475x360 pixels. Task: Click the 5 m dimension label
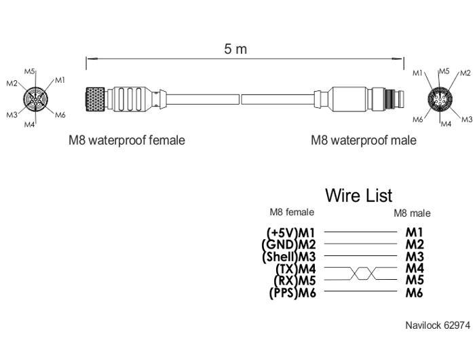pyautogui.click(x=235, y=49)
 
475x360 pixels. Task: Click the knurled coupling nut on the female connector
pyautogui.click(x=95, y=99)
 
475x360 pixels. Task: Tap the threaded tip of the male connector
pyautogui.click(x=394, y=99)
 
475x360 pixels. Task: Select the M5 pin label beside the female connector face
pyautogui.click(x=30, y=71)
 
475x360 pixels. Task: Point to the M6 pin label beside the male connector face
pyautogui.click(x=418, y=120)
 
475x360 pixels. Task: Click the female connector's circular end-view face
pyautogui.click(x=35, y=98)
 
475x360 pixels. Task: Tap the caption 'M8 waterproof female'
pyautogui.click(x=127, y=141)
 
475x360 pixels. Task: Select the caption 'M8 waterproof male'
pyautogui.click(x=364, y=140)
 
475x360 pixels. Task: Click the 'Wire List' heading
pyautogui.click(x=359, y=195)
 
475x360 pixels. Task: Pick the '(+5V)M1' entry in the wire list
pyautogui.click(x=291, y=232)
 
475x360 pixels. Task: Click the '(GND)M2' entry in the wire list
pyautogui.click(x=288, y=245)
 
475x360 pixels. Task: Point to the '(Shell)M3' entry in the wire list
pyautogui.click(x=289, y=257)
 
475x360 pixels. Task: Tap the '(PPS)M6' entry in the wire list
pyautogui.click(x=292, y=293)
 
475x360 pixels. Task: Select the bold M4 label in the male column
pyautogui.click(x=415, y=268)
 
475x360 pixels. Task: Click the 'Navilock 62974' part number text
pyautogui.click(x=438, y=325)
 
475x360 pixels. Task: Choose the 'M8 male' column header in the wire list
pyautogui.click(x=412, y=213)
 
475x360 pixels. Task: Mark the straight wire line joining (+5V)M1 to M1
pyautogui.click(x=360, y=232)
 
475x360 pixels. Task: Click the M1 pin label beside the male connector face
pyautogui.click(x=418, y=73)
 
